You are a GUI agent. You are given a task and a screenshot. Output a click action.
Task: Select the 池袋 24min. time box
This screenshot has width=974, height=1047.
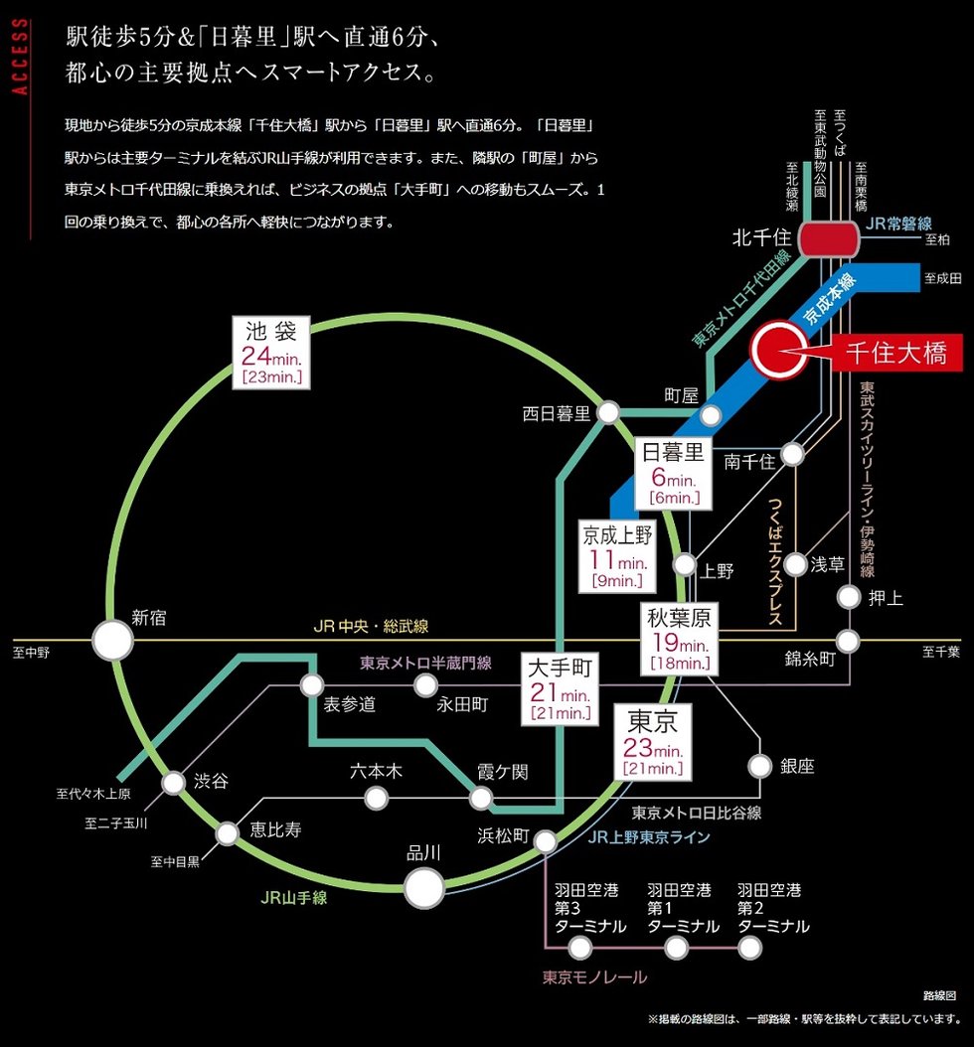(x=271, y=353)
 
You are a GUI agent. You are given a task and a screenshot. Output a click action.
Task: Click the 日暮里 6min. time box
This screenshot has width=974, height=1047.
(x=673, y=472)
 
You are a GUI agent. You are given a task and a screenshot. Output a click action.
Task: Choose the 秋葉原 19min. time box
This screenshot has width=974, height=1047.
(x=680, y=640)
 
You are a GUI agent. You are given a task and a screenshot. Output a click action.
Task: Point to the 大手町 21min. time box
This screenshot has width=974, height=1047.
(x=561, y=686)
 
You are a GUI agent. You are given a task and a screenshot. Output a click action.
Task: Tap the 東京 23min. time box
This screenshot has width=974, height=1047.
(x=652, y=742)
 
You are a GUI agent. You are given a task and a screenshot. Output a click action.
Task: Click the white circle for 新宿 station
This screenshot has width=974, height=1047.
(x=112, y=641)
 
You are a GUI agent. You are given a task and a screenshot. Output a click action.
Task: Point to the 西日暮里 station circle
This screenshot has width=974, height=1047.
(x=609, y=412)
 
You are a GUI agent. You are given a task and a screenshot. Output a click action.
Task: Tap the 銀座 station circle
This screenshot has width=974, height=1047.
(x=760, y=766)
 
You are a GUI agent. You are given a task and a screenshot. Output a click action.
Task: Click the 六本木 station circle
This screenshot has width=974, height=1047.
(x=376, y=797)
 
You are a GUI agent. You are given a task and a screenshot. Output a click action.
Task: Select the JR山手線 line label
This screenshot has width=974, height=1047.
(x=293, y=898)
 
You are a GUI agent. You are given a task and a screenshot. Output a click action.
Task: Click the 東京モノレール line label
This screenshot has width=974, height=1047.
(x=594, y=977)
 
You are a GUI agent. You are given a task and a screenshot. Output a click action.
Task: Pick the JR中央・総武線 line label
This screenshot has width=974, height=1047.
(x=370, y=627)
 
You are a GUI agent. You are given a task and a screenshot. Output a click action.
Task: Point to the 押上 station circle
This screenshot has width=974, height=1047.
(x=848, y=597)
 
